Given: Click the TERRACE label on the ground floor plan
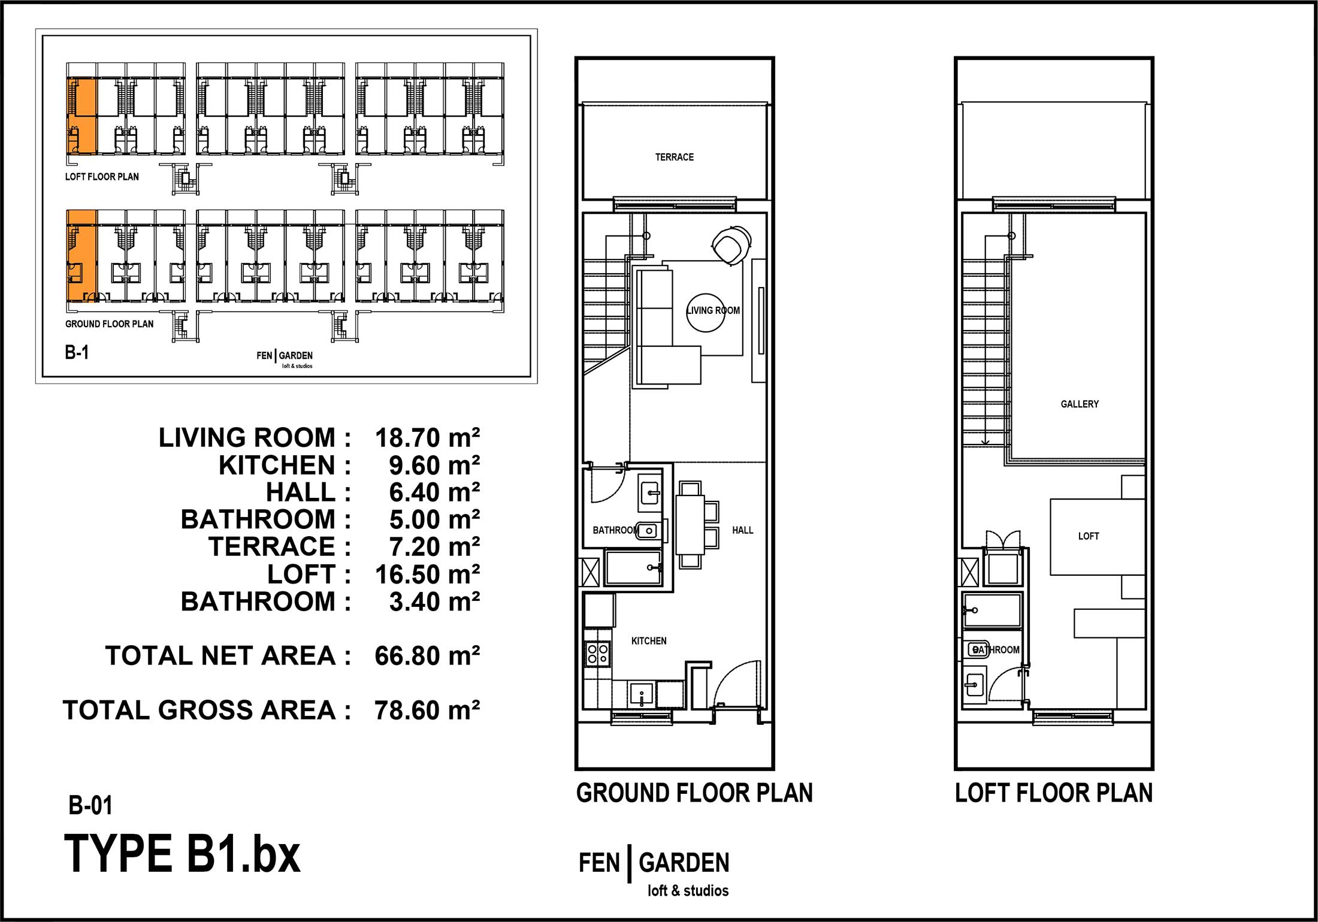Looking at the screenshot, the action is coord(674,157).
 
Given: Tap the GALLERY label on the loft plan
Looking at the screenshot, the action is coord(1080,404).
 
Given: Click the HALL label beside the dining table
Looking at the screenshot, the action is coord(742,530).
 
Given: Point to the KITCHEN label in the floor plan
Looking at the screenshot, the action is coord(649,641).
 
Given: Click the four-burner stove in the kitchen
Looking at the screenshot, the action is coord(598,654).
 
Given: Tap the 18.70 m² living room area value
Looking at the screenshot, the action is coord(427,438).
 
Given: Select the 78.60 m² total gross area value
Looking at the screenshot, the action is coord(427,711).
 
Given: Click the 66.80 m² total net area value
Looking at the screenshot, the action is coord(427,656).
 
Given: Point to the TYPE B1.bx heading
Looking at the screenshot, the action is coord(182,854).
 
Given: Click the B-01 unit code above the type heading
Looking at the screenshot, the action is coord(90,806).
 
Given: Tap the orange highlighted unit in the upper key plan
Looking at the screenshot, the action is coord(81,116).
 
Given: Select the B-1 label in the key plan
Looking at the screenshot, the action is coord(77,352).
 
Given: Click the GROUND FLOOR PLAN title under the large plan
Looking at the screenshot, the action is coord(694,793).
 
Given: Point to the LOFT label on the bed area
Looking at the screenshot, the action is coord(1089,536).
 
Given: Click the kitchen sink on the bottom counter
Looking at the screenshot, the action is coord(642,695).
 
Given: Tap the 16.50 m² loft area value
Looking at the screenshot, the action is coord(427,575).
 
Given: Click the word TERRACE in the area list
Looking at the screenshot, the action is coord(272,547).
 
